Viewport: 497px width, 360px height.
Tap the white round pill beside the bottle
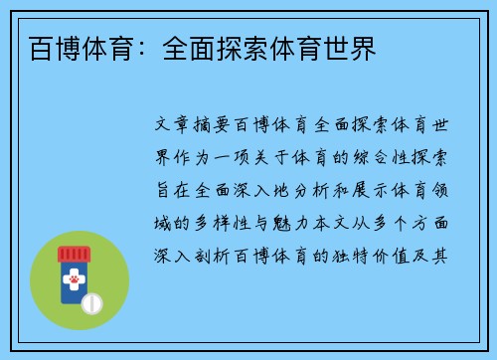click(x=92, y=301)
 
